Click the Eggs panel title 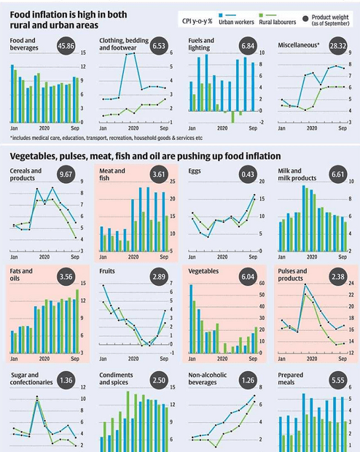tap(197, 171)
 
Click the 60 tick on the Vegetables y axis tap(260, 284)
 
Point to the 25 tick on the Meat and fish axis tap(172, 181)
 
